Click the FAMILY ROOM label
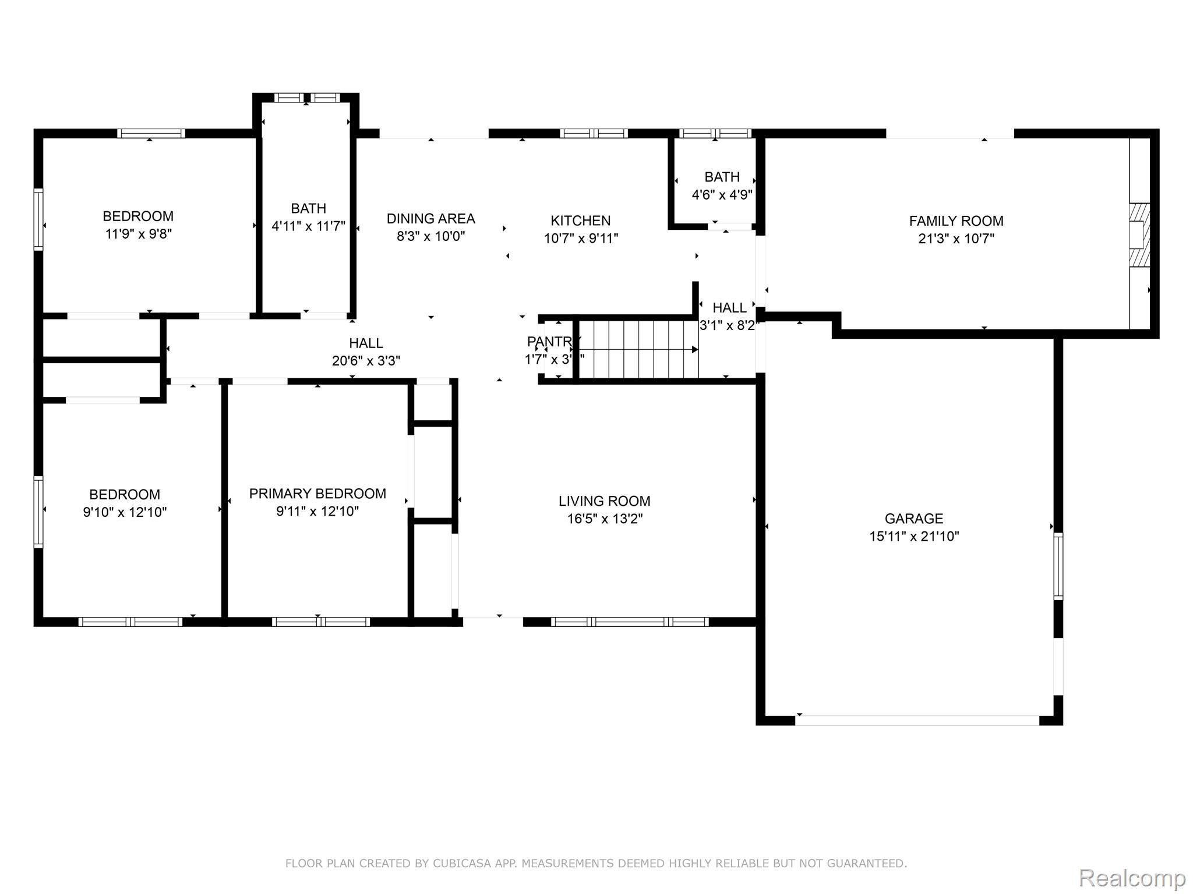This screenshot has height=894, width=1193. (956, 221)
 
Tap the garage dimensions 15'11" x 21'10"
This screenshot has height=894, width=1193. (914, 536)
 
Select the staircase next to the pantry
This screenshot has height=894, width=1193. (638, 349)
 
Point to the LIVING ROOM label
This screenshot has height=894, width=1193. (604, 501)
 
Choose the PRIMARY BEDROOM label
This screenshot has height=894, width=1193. (317, 494)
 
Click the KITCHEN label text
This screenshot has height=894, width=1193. (580, 221)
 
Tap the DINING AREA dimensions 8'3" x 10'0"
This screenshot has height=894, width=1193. (430, 236)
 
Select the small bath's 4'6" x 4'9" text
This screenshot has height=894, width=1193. (722, 194)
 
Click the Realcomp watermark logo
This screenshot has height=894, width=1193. (1132, 878)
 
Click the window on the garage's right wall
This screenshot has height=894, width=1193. (1058, 566)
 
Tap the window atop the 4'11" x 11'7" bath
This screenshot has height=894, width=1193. (306, 98)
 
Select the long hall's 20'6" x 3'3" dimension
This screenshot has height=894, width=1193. (366, 361)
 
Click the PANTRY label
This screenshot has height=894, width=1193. (550, 342)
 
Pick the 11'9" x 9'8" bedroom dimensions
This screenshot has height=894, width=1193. (138, 234)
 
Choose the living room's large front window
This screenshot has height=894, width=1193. (629, 622)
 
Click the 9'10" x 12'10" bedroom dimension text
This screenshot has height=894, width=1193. (125, 512)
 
